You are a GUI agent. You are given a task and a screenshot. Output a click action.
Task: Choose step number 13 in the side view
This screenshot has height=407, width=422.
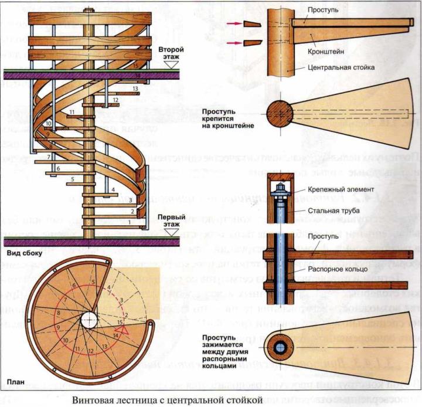tap(135, 88)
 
